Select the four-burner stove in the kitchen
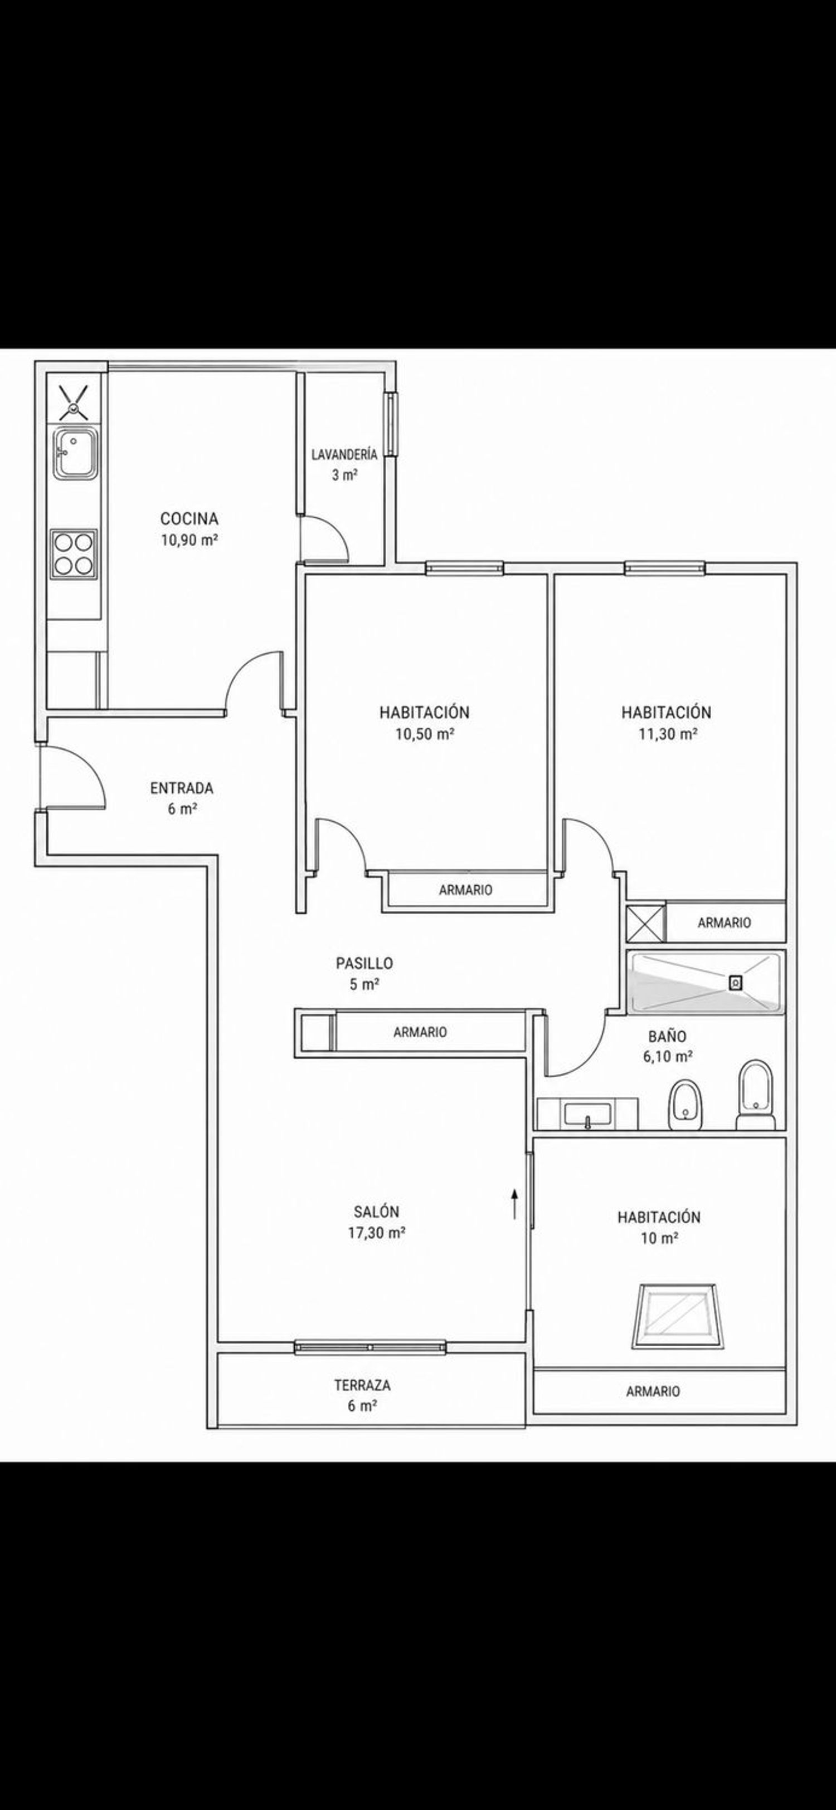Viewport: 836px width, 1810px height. (74, 555)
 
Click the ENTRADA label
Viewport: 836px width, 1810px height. (181, 788)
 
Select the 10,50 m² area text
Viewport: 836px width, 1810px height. (424, 734)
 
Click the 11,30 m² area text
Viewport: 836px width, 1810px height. (667, 734)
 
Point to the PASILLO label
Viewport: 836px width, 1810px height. (364, 963)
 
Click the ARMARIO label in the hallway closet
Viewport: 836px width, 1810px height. (420, 1032)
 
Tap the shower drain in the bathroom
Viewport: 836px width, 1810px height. (736, 983)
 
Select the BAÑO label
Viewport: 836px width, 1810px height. (667, 1037)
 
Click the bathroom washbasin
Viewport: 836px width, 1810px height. (588, 1114)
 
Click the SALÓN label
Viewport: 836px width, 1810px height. (376, 1212)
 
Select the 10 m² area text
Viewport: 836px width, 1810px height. (659, 1238)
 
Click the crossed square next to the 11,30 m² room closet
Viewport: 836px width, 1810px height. (645, 923)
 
